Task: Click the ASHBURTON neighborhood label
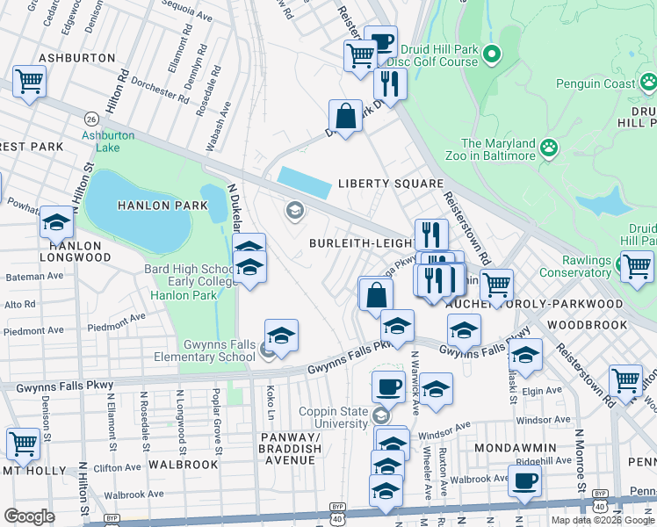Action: coord(77,58)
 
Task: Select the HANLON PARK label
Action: coord(163,206)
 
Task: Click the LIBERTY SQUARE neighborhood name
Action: coord(391,184)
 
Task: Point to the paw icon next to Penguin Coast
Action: coord(648,83)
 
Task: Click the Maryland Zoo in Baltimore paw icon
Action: coord(551,146)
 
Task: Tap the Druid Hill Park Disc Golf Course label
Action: coord(438,55)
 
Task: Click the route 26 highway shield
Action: coord(91,118)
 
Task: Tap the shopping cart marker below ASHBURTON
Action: coord(29,82)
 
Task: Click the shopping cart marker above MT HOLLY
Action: coord(22,444)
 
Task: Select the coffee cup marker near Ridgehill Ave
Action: coord(524,480)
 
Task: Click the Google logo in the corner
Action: coord(29,516)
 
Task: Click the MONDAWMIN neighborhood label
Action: coord(515,447)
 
